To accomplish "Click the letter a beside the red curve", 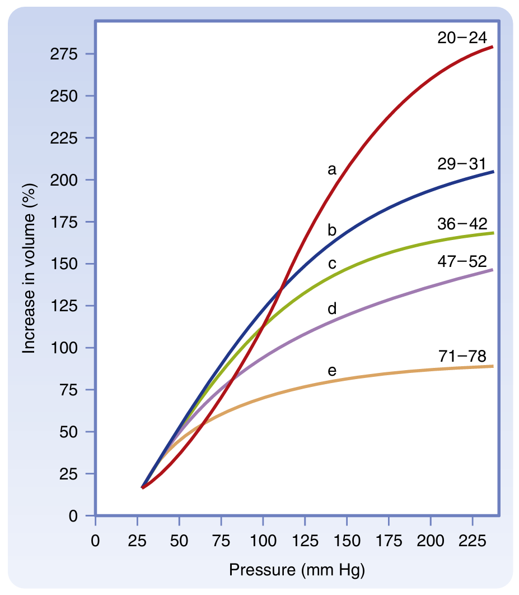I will pyautogui.click(x=332, y=169).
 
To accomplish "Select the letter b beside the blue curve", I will pyautogui.click(x=332, y=230).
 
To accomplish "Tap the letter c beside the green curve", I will pyautogui.click(x=332, y=263).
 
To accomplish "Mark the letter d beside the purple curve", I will pyautogui.click(x=332, y=308).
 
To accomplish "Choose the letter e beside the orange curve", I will pyautogui.click(x=332, y=371).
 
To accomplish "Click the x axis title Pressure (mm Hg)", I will pyautogui.click(x=297, y=571).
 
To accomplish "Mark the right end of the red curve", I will pyautogui.click(x=493, y=47).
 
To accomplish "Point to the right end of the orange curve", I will pyautogui.click(x=493, y=366).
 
